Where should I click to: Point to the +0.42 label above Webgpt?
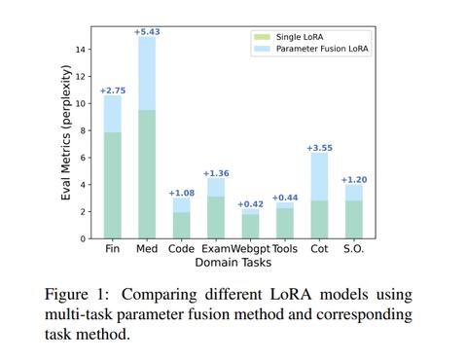(251, 204)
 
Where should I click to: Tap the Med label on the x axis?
(147, 249)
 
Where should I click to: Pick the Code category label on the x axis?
(181, 249)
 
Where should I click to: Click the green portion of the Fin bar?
(113, 185)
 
